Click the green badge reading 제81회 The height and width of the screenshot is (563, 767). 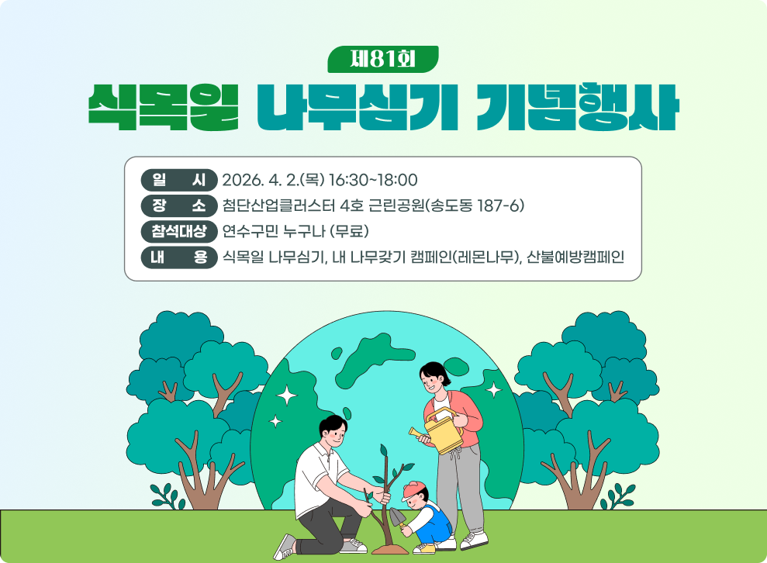pos(383,58)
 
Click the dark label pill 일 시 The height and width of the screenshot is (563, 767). pos(179,180)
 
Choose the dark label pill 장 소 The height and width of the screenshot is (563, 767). pos(179,206)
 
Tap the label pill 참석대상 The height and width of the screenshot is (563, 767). pos(179,231)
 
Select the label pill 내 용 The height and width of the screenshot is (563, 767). pos(179,257)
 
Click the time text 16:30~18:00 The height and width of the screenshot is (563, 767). pos(373,180)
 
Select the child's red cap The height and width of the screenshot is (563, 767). pos(415,489)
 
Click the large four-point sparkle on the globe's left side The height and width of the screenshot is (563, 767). pos(288,395)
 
